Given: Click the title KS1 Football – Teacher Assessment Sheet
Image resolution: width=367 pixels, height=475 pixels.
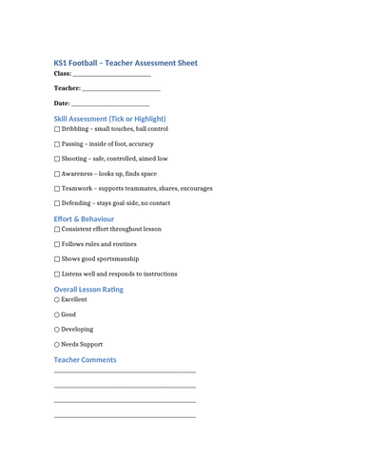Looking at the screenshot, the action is [126, 63].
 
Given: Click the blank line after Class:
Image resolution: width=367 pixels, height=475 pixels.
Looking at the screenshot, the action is [111, 76].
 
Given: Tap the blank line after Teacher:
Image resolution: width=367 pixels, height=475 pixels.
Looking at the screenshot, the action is [121, 90].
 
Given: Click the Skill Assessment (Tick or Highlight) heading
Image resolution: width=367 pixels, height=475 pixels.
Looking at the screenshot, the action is [109, 119].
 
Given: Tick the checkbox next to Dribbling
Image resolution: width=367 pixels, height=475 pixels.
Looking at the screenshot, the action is [57, 129].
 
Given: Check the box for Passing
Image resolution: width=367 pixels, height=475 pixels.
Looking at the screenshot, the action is [57, 144].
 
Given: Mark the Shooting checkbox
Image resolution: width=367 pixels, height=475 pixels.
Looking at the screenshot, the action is [57, 160].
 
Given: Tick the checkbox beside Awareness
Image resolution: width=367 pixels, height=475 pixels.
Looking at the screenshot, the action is [57, 174].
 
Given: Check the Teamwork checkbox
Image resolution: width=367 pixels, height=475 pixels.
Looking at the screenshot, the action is [57, 189].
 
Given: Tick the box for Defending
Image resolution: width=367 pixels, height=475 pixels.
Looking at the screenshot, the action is [57, 203].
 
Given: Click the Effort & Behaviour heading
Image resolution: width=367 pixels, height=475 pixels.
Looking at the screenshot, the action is [84, 218].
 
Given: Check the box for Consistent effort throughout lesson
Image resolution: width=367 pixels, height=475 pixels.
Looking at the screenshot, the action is [57, 230].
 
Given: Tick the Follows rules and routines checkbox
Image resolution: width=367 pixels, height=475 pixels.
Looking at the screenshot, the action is [57, 244].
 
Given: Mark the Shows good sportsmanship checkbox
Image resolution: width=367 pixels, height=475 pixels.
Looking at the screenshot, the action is [57, 259].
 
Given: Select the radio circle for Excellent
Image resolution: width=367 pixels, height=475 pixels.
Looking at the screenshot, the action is [57, 299].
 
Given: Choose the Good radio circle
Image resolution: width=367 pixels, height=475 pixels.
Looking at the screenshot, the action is [57, 314].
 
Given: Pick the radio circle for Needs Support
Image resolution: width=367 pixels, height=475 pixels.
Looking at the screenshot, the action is [57, 345].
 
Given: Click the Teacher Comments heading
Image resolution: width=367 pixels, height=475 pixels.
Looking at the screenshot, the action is [85, 360].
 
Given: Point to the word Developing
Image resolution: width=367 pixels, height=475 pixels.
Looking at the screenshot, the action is [77, 330].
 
